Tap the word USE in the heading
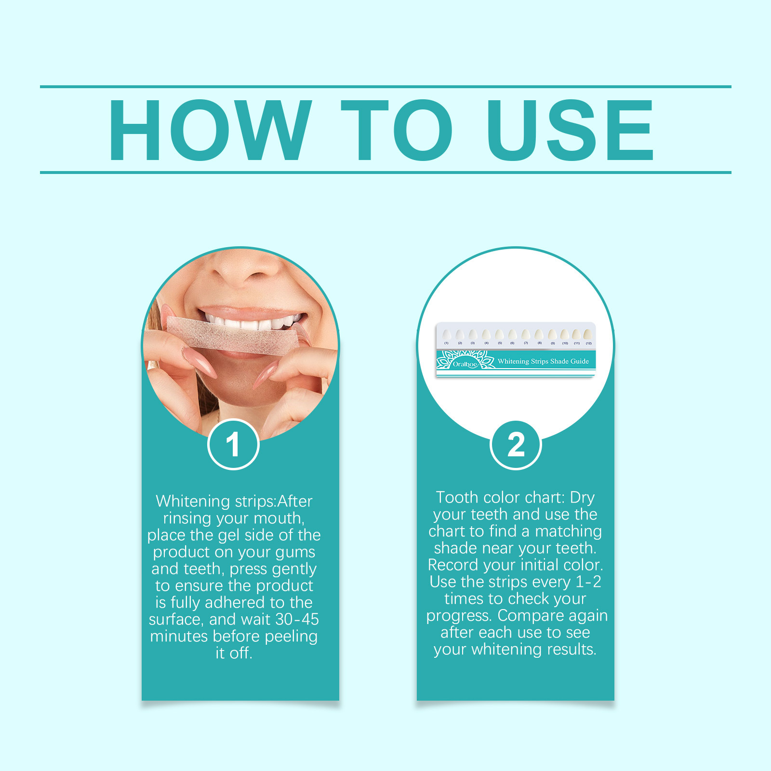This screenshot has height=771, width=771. click(570, 130)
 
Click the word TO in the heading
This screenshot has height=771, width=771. click(396, 130)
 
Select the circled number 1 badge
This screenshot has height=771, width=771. click(233, 444)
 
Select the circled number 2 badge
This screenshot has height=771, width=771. click(516, 444)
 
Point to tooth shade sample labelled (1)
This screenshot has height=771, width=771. click(446, 335)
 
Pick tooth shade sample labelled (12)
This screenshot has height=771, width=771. click(588, 334)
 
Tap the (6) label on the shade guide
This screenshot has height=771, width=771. click(512, 343)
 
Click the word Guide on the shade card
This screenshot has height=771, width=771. click(579, 361)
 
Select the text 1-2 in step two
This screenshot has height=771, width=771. click(588, 582)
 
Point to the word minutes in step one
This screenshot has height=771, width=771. click(179, 636)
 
